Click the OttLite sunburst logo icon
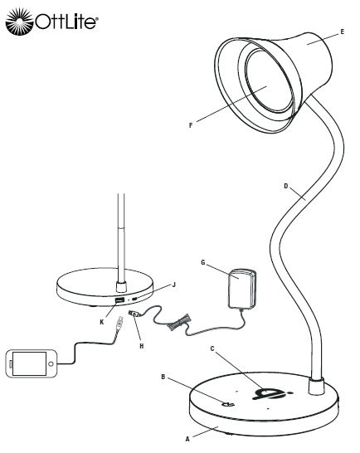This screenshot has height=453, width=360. coord(20,22)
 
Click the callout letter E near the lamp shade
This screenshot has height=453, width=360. coord(343,32)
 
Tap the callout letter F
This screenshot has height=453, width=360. coord(191,125)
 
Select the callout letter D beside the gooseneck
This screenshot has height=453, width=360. coord(286,186)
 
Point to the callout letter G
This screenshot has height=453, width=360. coord(203,262)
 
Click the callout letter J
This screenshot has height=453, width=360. coord(173,285)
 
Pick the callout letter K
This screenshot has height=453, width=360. coord(102,322)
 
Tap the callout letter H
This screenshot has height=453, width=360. coord(142,346)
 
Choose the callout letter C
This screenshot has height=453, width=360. coord(212,348)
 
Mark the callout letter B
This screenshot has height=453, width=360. coord(163,377)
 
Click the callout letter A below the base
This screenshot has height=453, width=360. coord(187,439)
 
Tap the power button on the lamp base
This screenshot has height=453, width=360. coord(228,404)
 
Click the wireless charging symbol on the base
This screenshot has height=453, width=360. coord(271,393)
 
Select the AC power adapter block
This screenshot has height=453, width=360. coord(242,289)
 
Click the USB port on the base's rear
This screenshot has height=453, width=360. coord(119,300)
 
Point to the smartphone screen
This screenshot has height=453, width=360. coord(29,363)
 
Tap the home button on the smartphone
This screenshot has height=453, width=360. coord(51,364)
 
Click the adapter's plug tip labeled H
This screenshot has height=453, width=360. coord(134,313)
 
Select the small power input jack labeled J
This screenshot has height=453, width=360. coord(134,300)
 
